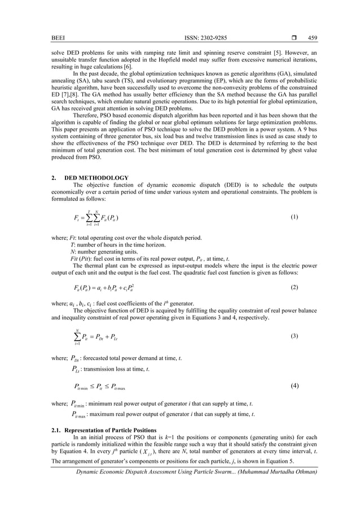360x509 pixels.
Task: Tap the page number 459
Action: point(313,38)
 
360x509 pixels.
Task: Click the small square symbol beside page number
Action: point(293,38)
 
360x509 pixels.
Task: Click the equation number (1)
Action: point(293,217)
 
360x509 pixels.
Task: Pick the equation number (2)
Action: point(293,288)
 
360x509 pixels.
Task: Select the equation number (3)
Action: point(293,337)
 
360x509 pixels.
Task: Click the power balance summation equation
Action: point(96,337)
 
